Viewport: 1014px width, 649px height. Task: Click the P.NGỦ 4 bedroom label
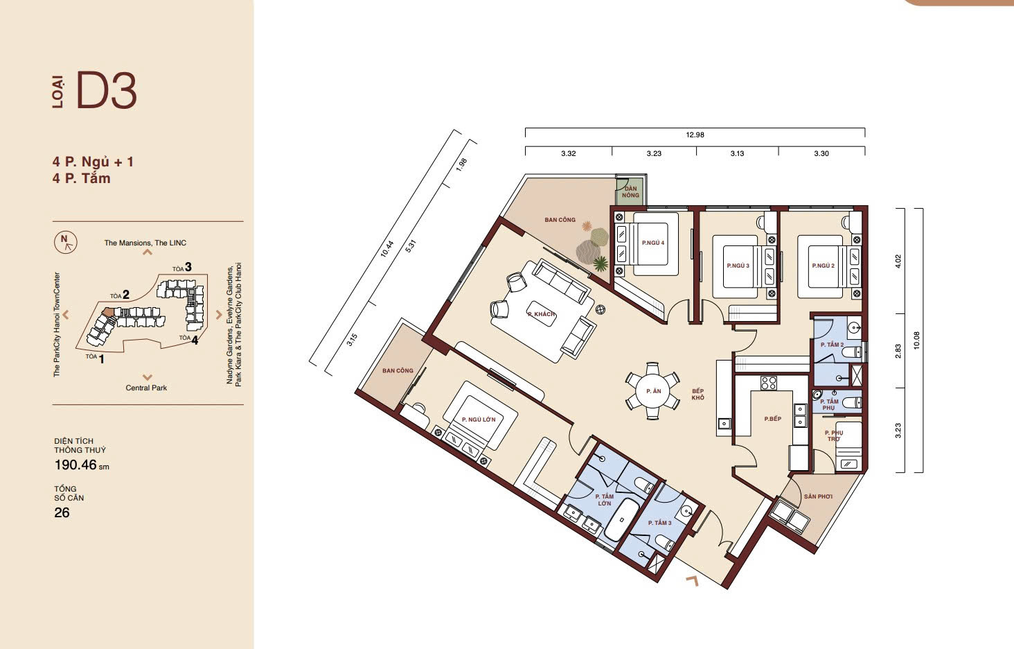652,243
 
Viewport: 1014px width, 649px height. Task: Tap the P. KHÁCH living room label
541,314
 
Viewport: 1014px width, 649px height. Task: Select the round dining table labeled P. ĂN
652,390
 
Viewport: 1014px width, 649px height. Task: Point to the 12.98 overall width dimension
695,135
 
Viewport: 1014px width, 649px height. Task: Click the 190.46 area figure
75,465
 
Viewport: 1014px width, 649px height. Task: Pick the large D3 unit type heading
107,91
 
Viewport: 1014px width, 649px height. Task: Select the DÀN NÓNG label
630,191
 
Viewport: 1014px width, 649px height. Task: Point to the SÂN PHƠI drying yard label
818,496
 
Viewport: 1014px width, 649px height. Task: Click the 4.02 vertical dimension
898,261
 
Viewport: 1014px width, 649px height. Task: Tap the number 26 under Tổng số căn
62,512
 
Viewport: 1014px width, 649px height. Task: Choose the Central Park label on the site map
146,388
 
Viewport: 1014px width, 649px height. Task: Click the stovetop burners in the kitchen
768,383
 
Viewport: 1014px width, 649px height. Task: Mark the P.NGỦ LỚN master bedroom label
479,419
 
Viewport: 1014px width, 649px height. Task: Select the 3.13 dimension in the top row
737,154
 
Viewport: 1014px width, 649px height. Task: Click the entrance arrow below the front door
692,580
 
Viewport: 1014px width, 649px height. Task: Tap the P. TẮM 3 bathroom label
659,523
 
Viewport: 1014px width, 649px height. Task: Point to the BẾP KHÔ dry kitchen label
697,395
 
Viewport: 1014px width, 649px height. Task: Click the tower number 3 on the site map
188,267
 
